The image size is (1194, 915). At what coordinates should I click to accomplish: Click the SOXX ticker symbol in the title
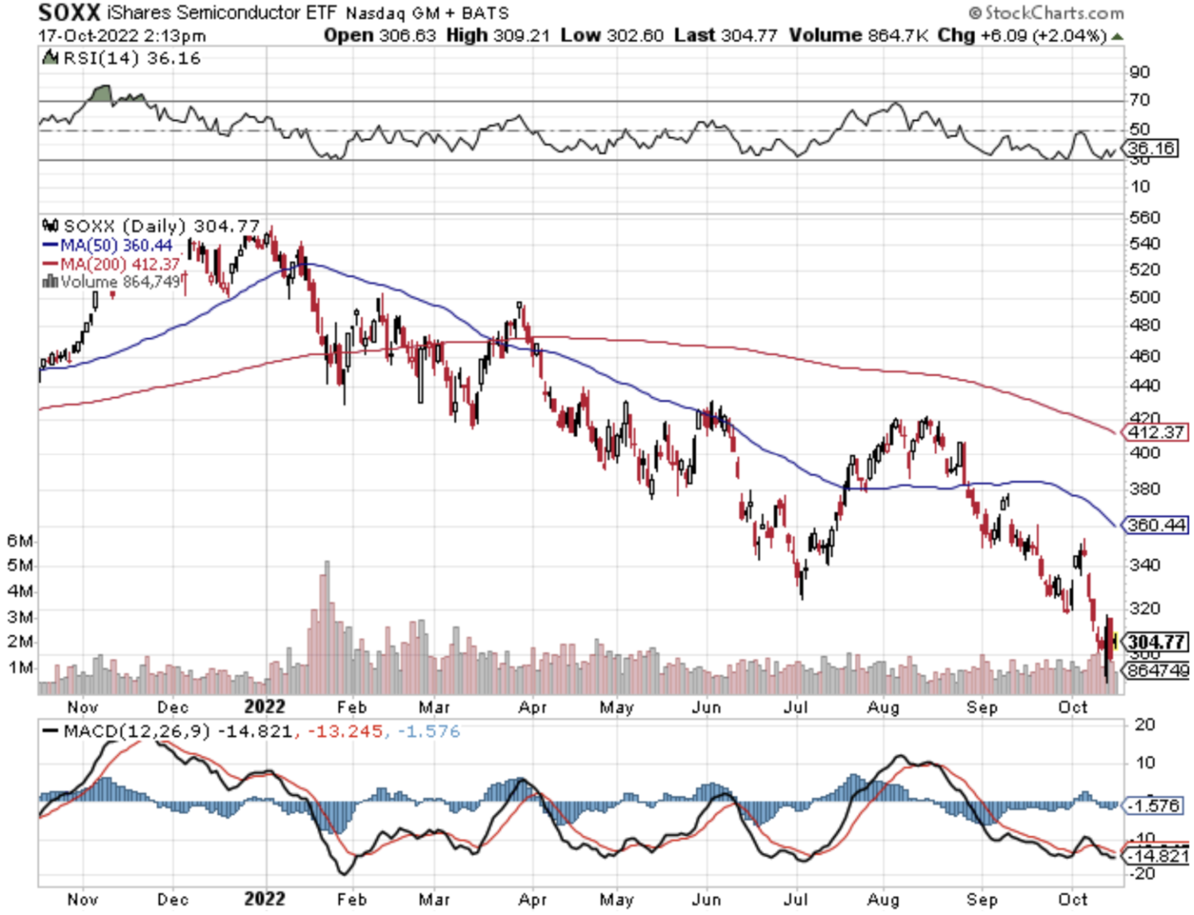(69, 13)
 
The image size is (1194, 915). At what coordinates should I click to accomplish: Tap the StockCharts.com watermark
(1046, 13)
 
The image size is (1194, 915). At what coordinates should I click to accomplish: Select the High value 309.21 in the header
(521, 36)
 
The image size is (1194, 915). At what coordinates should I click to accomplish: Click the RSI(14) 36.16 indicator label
(132, 58)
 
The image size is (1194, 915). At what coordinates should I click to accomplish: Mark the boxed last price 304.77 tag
(1157, 641)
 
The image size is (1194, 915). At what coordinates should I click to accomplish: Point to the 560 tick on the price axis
(1145, 217)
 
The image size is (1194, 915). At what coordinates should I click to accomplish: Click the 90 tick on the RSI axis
(1140, 72)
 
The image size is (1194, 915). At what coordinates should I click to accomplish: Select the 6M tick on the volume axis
(21, 541)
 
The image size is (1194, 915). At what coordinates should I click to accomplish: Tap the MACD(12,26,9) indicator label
(137, 731)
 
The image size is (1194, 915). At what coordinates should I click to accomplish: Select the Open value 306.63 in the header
(408, 36)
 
